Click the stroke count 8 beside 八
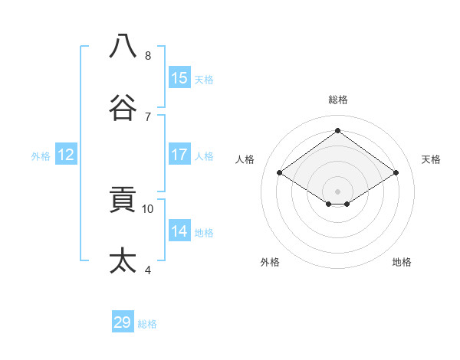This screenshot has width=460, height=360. (148, 55)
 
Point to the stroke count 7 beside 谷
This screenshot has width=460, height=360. (148, 116)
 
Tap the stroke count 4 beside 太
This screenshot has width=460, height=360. (148, 270)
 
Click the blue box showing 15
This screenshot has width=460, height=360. (179, 78)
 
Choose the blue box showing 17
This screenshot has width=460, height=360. (179, 155)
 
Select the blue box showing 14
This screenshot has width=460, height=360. (179, 231)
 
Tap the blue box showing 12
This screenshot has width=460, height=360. (66, 155)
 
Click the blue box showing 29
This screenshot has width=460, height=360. (123, 322)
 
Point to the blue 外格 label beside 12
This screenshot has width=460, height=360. (41, 156)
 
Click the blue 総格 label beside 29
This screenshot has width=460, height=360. (147, 324)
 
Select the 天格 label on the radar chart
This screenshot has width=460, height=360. (431, 159)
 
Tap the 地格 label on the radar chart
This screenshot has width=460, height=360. (402, 262)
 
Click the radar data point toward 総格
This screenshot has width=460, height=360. (337, 130)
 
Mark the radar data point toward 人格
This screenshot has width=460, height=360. (280, 173)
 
